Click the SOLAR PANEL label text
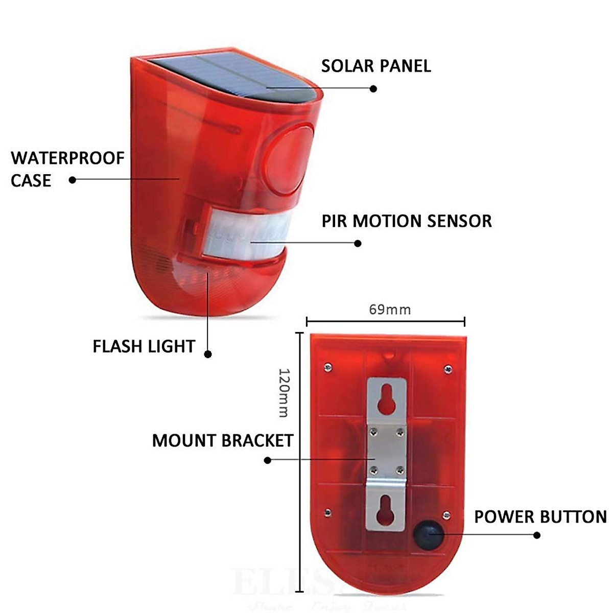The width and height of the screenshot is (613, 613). coord(376,66)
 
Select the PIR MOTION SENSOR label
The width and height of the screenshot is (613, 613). coord(407,221)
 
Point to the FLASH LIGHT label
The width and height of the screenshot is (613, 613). coord(144,346)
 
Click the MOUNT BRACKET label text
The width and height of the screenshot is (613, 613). coord(223,440)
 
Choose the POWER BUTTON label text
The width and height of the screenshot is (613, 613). coord(540,517)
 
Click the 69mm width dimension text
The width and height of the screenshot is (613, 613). coord(390,310)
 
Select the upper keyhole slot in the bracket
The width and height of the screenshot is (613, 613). coord(386,400)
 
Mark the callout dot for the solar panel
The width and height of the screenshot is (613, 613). coord(373,88)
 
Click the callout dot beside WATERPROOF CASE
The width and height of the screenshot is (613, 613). coord(73,180)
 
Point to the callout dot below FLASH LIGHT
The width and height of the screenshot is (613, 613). coord(208,354)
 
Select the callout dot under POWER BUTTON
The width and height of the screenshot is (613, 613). coord(537,535)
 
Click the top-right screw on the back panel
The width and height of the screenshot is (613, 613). coord(448,368)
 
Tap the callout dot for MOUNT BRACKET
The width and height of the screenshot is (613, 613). coord(267,460)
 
